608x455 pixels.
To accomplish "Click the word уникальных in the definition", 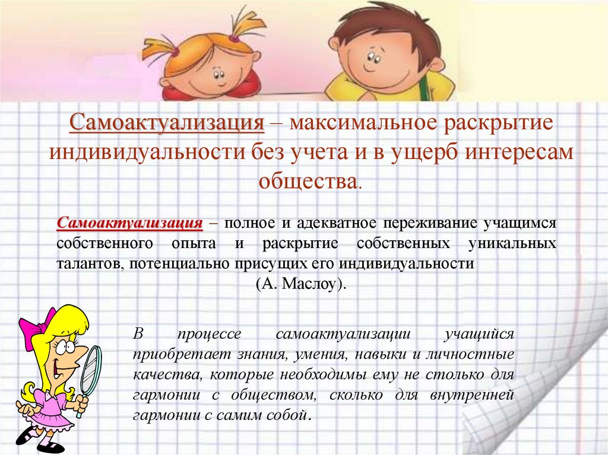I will tap(512, 244).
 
